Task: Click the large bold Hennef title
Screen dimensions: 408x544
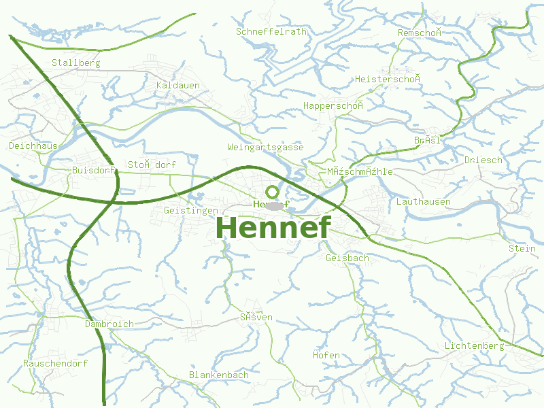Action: point(273,228)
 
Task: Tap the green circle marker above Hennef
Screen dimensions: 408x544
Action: point(272,192)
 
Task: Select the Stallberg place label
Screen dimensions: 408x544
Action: point(76,63)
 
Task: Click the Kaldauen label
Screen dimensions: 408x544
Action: point(178,85)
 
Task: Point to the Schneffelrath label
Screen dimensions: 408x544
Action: point(271,31)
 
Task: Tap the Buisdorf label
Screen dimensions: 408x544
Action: point(93,170)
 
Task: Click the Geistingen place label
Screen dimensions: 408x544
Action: point(191,210)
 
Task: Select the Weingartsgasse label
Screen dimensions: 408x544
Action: point(265,147)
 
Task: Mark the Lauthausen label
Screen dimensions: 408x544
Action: point(423,201)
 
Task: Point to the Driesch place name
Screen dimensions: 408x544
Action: point(483,160)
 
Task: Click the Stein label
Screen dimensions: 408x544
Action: point(522,248)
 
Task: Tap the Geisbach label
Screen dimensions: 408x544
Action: point(347,258)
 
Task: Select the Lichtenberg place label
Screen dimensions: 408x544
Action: point(474,345)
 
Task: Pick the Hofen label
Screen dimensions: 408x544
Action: point(326,355)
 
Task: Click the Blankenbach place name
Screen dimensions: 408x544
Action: point(219,375)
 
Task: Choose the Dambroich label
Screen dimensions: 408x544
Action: point(109,324)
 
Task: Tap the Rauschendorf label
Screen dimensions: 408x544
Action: point(55,363)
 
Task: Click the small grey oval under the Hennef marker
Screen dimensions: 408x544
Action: point(273,205)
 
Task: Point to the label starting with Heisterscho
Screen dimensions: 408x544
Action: point(388,79)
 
